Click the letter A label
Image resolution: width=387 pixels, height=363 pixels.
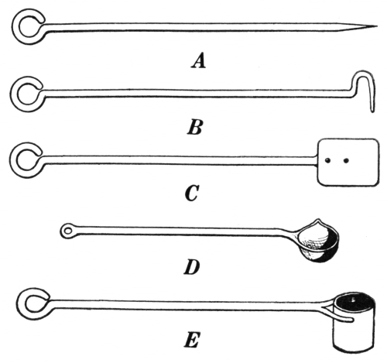pyautogui.click(x=198, y=61)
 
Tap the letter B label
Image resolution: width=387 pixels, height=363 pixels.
pyautogui.click(x=195, y=127)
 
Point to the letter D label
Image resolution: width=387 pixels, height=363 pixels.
pyautogui.click(x=192, y=267)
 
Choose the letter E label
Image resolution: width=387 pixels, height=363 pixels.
pyautogui.click(x=192, y=341)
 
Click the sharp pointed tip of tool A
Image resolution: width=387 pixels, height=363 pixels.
pyautogui.click(x=377, y=26)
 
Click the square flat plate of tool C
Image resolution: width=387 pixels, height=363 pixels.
pyautogui.click(x=349, y=163)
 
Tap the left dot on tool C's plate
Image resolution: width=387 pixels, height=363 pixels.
pyautogui.click(x=327, y=161)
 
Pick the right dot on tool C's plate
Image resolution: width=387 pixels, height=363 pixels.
pyautogui.click(x=346, y=161)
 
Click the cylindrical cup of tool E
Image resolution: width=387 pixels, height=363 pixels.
pyautogui.click(x=354, y=323)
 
